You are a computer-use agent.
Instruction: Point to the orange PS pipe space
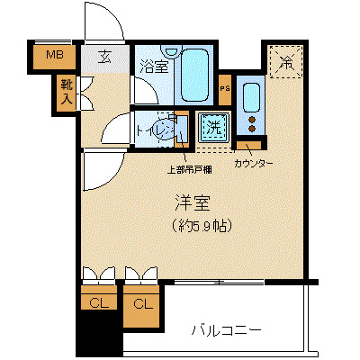click(x=225, y=88)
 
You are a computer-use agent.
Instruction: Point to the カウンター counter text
click(x=256, y=164)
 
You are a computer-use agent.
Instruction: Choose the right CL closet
click(x=142, y=303)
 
